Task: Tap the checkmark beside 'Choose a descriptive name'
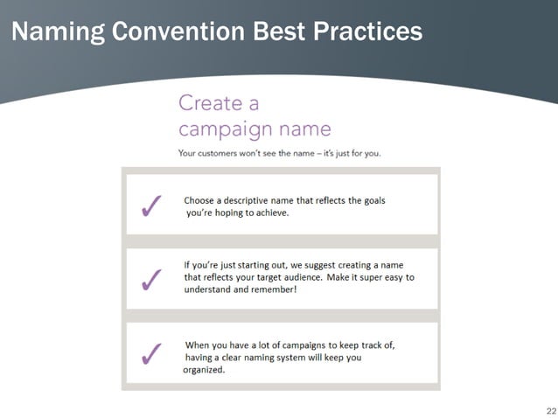tap(150, 207)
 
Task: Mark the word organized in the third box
tap(204, 369)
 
